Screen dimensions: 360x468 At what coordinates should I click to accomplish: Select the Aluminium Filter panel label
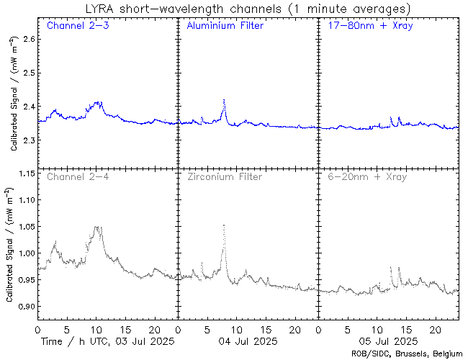point(225,26)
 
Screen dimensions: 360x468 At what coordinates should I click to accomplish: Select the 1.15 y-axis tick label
point(25,174)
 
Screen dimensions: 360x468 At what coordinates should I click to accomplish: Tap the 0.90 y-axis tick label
point(25,307)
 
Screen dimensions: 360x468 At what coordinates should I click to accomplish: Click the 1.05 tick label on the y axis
point(25,227)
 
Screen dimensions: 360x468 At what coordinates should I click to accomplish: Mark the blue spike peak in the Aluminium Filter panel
point(225,100)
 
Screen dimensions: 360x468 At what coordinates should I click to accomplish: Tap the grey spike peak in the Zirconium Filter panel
point(225,225)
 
